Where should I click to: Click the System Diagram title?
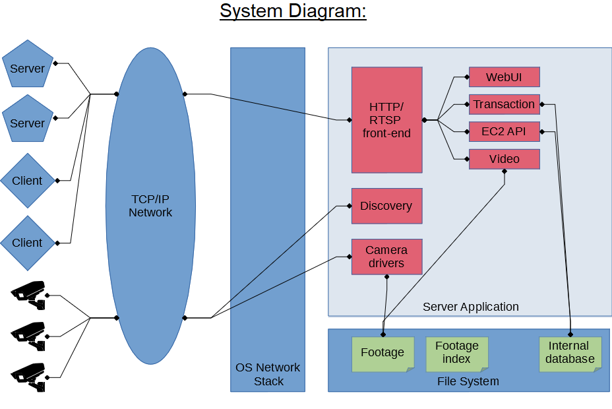(x=293, y=11)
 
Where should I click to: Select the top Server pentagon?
(x=27, y=65)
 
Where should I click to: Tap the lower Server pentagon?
(x=27, y=119)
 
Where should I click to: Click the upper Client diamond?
(x=27, y=180)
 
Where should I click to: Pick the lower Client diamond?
(x=27, y=243)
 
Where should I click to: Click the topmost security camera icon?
(x=28, y=295)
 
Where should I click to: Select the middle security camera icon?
(x=28, y=336)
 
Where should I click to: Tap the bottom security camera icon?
(x=28, y=377)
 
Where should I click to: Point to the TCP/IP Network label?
(x=150, y=206)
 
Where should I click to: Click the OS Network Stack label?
(x=268, y=374)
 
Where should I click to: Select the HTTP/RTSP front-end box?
(x=387, y=120)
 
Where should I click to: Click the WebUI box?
(x=505, y=77)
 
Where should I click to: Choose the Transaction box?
(x=505, y=104)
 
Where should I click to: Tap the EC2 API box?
(x=505, y=131)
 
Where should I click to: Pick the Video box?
(x=505, y=159)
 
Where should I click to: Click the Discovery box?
(x=387, y=206)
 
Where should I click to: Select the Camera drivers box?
(x=387, y=257)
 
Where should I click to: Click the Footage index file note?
(x=457, y=354)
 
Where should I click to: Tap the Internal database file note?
(x=570, y=354)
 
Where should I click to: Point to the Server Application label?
(x=471, y=307)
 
